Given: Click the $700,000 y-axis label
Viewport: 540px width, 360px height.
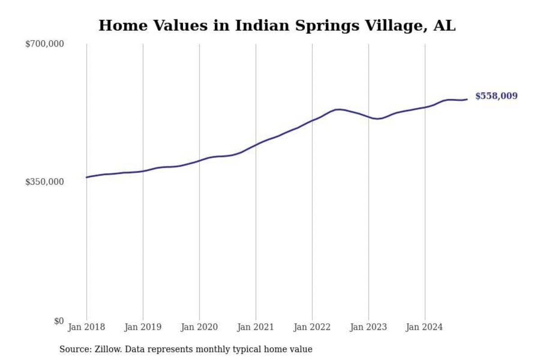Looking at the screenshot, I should coord(45,44).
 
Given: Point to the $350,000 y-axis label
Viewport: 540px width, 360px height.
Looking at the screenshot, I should coord(45,182).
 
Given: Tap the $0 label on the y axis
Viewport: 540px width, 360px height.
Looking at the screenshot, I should coord(59,321).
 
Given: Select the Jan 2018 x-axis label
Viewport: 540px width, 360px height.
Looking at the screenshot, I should coord(86,327).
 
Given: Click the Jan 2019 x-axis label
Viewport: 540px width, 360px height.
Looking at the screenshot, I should coord(143,327).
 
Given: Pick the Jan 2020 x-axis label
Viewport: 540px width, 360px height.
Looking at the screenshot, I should coord(199,327).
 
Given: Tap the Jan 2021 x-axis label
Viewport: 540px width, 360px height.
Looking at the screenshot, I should coord(256,327).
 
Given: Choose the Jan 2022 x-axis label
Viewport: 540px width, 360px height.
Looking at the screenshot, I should coord(312,327).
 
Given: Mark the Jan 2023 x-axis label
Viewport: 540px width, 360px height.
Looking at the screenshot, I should coord(369,327).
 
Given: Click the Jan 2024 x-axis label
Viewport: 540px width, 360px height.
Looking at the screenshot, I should coord(425,327).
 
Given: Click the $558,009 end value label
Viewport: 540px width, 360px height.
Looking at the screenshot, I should coord(496,96).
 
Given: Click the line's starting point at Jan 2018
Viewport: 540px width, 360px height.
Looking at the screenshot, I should coord(86,177).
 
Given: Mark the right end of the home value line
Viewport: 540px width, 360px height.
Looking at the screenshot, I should coord(467,99).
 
